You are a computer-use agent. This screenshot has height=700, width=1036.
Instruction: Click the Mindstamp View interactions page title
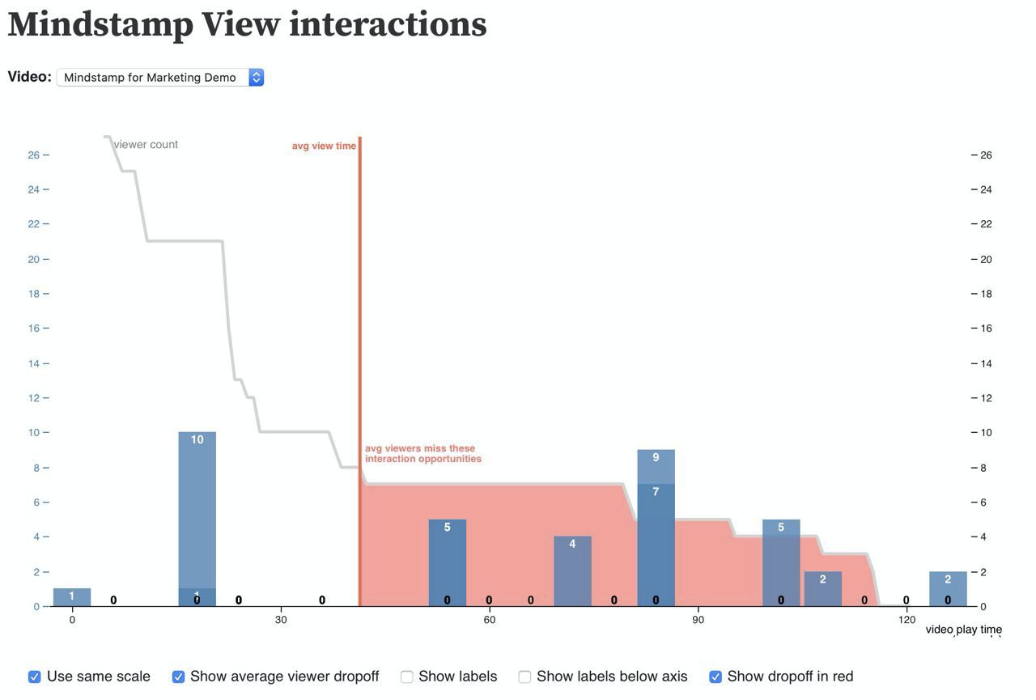point(247,24)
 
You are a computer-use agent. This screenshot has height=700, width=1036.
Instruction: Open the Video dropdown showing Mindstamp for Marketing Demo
point(160,77)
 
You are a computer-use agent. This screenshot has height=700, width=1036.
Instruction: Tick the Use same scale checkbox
point(35,677)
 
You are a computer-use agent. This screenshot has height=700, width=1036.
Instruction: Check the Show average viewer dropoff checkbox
point(178,677)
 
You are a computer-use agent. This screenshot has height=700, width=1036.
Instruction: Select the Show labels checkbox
point(407,677)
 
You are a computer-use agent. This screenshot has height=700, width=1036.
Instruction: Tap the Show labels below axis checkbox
point(524,677)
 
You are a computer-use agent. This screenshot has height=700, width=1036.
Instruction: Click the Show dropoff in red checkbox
point(715,677)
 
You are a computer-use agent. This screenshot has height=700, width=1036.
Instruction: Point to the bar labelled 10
point(197,510)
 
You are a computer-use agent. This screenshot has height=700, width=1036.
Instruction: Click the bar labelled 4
point(572,571)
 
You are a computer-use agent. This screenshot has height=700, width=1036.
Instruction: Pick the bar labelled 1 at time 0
point(72,597)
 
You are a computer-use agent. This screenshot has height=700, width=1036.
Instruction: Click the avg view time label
point(324,146)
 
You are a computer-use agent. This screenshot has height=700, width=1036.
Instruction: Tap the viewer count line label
point(146,144)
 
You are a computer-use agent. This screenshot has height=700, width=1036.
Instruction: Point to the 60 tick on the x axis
point(489,620)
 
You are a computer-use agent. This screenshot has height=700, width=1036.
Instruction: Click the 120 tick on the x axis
point(906,620)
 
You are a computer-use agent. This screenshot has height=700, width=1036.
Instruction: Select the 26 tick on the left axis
point(33,155)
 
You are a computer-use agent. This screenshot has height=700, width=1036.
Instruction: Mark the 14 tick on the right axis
point(986,363)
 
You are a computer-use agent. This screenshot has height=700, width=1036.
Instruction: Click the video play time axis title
point(963,630)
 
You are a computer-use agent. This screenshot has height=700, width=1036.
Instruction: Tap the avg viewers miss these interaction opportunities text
point(422,453)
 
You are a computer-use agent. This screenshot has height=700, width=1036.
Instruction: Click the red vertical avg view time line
point(359,324)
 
